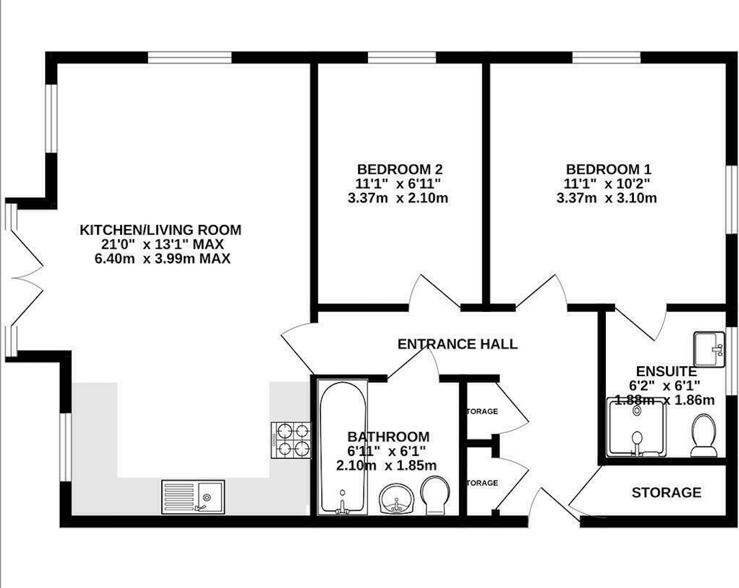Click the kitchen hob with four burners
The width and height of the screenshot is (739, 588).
[x=291, y=439]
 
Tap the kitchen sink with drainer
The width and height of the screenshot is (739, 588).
[x=193, y=497]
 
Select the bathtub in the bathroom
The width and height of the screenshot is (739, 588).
[x=343, y=446]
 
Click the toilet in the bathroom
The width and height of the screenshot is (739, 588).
[x=435, y=494]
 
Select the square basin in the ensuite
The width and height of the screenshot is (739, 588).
[x=709, y=349]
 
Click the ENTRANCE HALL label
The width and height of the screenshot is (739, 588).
[x=457, y=344]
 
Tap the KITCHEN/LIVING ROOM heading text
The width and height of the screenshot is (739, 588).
[x=161, y=230]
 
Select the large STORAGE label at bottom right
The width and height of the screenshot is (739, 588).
[x=666, y=492]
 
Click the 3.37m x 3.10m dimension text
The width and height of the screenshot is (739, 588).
[x=606, y=198]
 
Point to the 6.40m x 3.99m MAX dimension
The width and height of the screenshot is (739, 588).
[x=162, y=258]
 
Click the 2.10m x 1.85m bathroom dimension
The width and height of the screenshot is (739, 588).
[x=386, y=465]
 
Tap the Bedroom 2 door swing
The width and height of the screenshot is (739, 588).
[x=432, y=291]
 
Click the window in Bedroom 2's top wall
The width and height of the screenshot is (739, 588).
[x=402, y=57]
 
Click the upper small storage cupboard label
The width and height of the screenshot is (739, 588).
[x=482, y=411]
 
